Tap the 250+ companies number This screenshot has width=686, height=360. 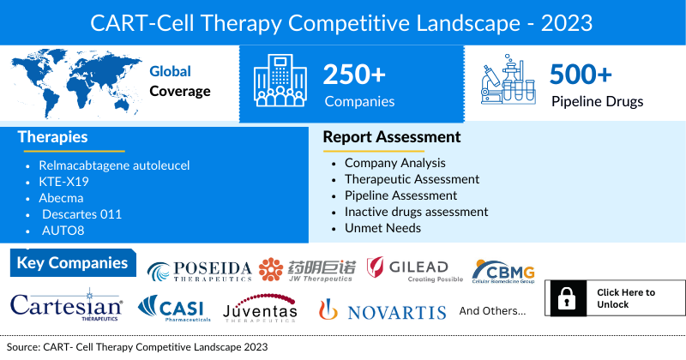[354, 75]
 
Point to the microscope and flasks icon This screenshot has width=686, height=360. [506, 83]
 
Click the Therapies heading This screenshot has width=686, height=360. [52, 137]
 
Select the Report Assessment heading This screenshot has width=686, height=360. [391, 137]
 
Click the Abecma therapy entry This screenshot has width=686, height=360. [61, 198]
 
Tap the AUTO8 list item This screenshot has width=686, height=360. [63, 231]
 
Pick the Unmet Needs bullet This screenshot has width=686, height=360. [382, 228]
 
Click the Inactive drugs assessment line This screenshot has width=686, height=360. [416, 212]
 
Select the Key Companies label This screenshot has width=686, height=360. [72, 263]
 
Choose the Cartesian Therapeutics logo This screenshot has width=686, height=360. [66, 306]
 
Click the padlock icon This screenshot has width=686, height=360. [566, 298]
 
